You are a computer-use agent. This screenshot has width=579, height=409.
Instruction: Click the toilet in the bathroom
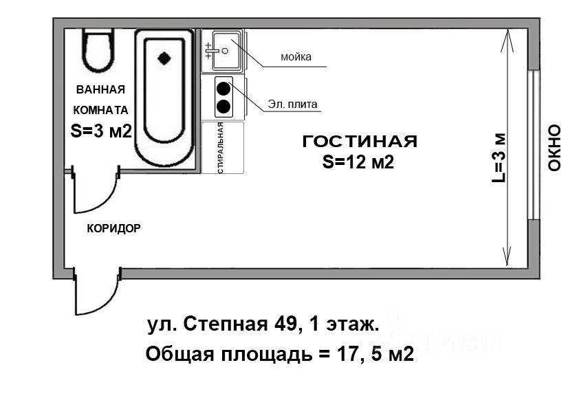(98, 49)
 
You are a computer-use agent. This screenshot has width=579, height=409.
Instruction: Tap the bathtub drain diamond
(164, 58)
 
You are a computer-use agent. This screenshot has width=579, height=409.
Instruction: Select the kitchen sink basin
(226, 51)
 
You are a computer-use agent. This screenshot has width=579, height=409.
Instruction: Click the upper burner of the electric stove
(223, 89)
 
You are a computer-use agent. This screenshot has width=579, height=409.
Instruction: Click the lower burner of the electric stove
(223, 107)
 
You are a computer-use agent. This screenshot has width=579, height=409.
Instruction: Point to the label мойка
(296, 57)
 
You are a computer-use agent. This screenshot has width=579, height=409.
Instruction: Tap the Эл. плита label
(292, 104)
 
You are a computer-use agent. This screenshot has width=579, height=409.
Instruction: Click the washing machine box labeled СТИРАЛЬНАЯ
(223, 148)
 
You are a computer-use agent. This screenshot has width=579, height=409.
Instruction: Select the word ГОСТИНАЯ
(360, 142)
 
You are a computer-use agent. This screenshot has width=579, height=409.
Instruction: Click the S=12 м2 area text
(358, 162)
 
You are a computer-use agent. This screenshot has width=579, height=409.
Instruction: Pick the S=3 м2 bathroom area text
(101, 131)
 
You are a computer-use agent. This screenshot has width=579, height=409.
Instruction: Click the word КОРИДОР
(113, 228)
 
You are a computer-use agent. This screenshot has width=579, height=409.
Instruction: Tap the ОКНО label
(554, 148)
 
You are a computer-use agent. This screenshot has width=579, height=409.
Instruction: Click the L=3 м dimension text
(499, 157)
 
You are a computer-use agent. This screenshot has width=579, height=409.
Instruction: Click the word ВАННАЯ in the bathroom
(100, 89)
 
